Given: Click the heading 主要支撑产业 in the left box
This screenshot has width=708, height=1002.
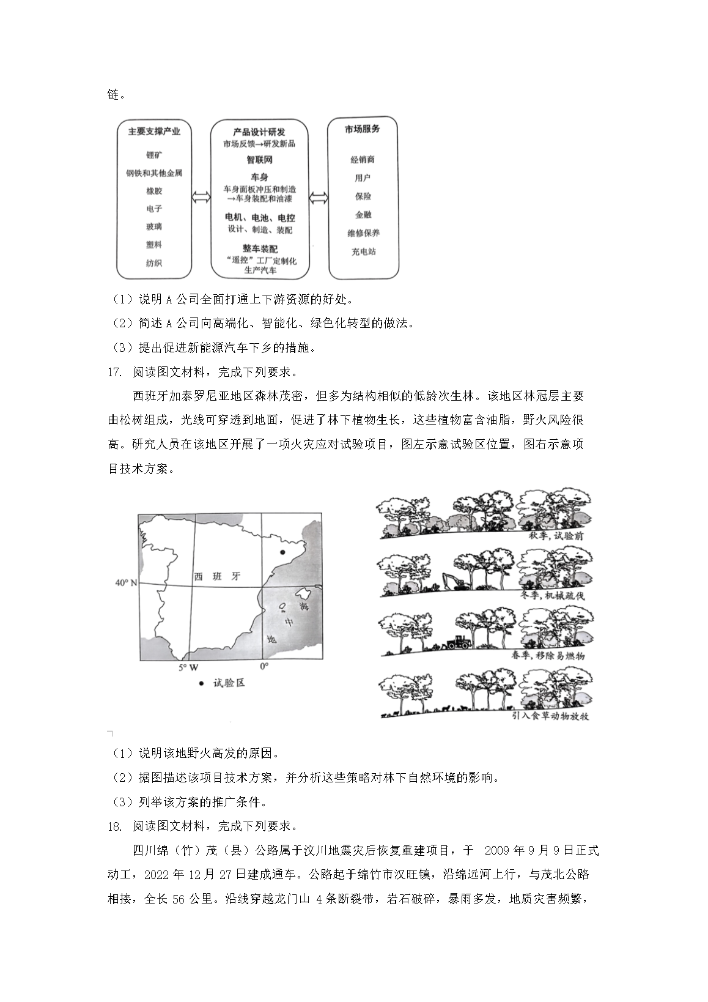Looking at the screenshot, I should point(155,131).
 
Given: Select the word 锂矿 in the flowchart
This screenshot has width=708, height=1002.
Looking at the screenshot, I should point(154,155).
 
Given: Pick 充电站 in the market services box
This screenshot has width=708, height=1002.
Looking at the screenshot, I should point(363,251).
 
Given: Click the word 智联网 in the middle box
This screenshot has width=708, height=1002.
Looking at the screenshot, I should point(259,160).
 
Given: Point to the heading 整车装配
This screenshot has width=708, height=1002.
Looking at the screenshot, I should point(260,249).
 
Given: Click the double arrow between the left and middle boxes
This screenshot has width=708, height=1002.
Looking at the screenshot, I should point(199,198).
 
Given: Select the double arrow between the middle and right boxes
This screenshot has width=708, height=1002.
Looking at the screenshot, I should point(318,198).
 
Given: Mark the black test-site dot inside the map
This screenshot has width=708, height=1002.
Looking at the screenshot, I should point(282,552).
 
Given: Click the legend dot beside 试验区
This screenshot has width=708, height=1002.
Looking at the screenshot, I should point(201,683).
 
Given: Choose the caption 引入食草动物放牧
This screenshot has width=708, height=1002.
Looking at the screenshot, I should point(550,716).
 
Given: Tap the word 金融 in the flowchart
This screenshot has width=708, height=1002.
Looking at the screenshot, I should point(363,215).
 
